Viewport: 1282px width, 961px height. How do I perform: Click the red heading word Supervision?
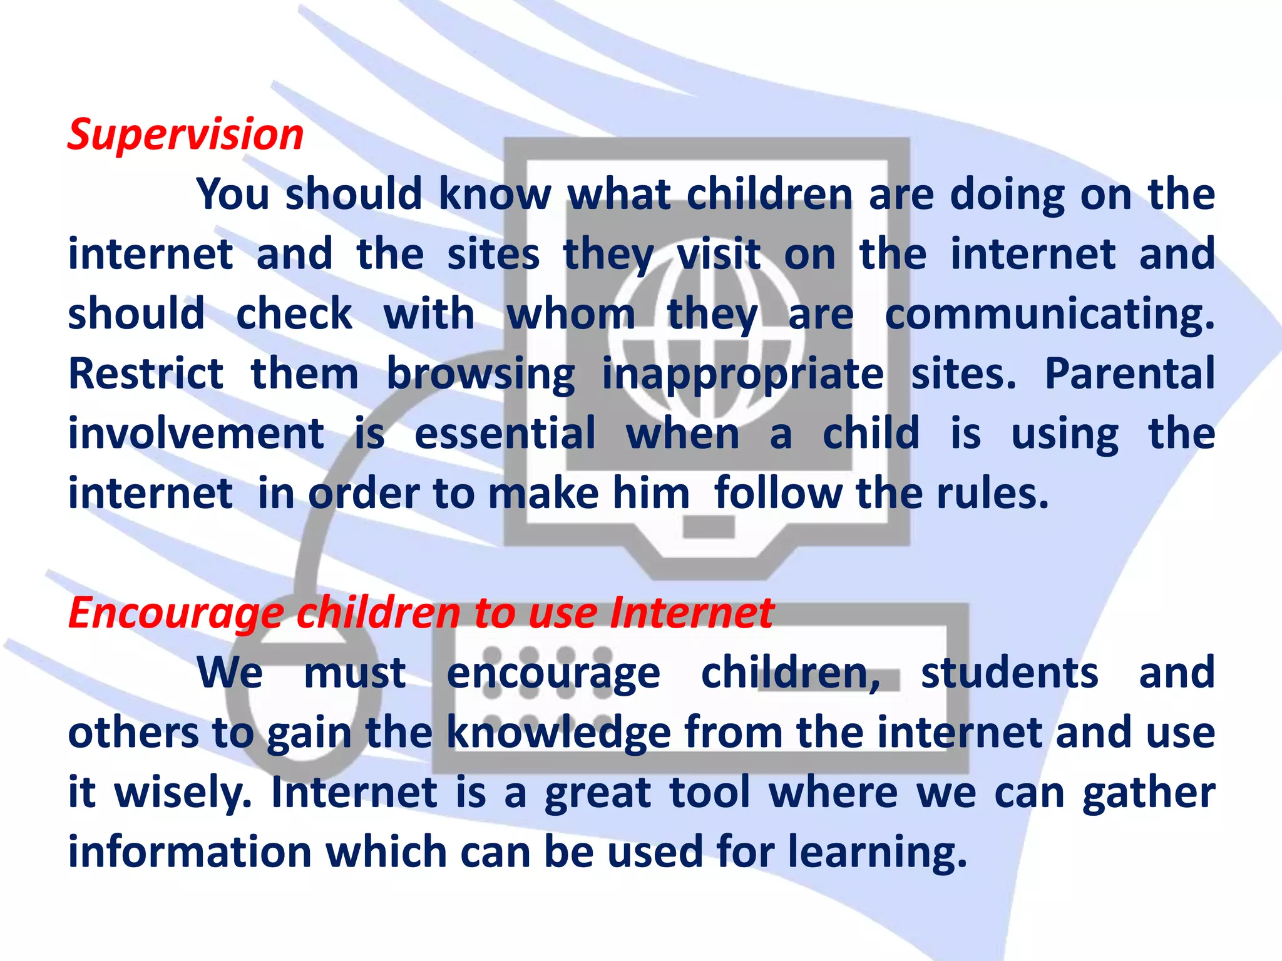point(185,135)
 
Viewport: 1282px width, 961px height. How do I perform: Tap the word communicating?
point(1049,315)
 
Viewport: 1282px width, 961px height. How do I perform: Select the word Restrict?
point(145,374)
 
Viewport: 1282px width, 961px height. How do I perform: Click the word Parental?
point(1129,374)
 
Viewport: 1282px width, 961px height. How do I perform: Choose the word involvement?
point(196,434)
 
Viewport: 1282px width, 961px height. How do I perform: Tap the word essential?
point(505,434)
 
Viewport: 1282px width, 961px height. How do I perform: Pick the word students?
point(1009,673)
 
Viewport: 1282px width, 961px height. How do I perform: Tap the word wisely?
point(183,793)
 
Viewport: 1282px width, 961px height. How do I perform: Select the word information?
point(190,852)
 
